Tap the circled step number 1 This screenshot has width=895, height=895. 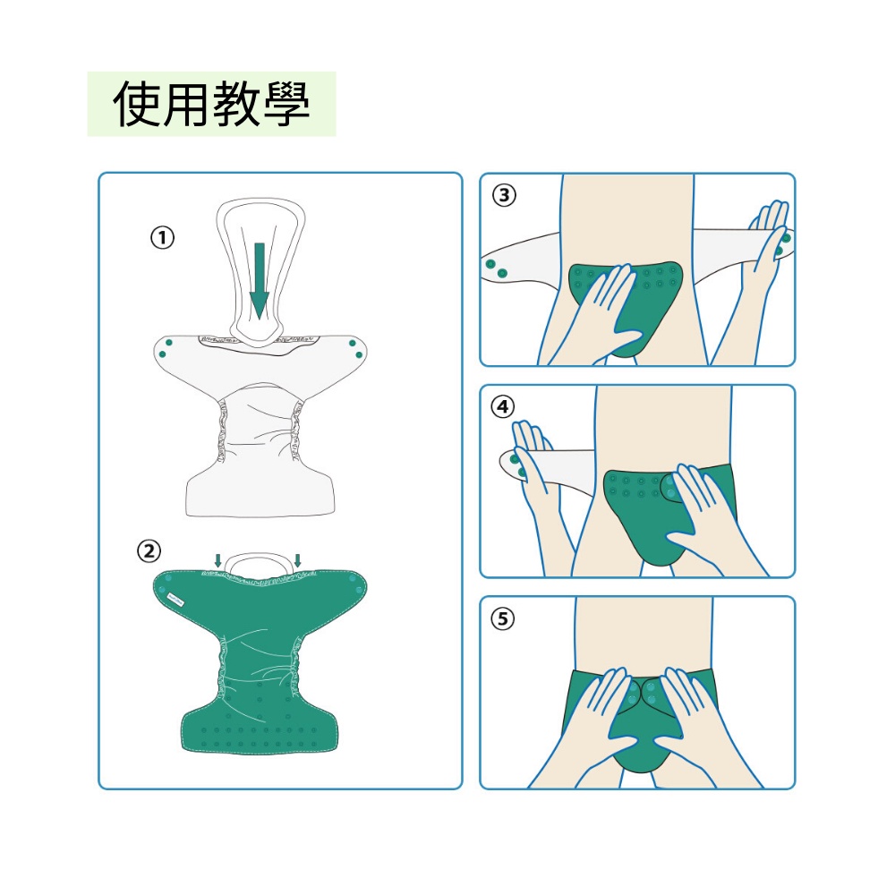(x=162, y=237)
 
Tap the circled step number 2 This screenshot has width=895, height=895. (x=149, y=551)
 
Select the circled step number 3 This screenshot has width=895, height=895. (x=503, y=195)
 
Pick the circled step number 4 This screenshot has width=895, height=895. (x=502, y=406)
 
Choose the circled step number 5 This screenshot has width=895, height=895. (x=503, y=618)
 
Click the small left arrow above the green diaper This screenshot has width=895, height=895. (x=218, y=560)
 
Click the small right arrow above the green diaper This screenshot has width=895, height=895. (x=297, y=560)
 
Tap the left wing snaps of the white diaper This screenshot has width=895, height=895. (x=166, y=349)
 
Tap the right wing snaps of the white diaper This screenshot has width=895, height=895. (x=355, y=349)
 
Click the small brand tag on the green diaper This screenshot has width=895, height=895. (x=175, y=599)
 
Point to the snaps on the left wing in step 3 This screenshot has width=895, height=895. (x=496, y=268)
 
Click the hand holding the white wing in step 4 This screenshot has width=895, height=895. (x=535, y=456)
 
